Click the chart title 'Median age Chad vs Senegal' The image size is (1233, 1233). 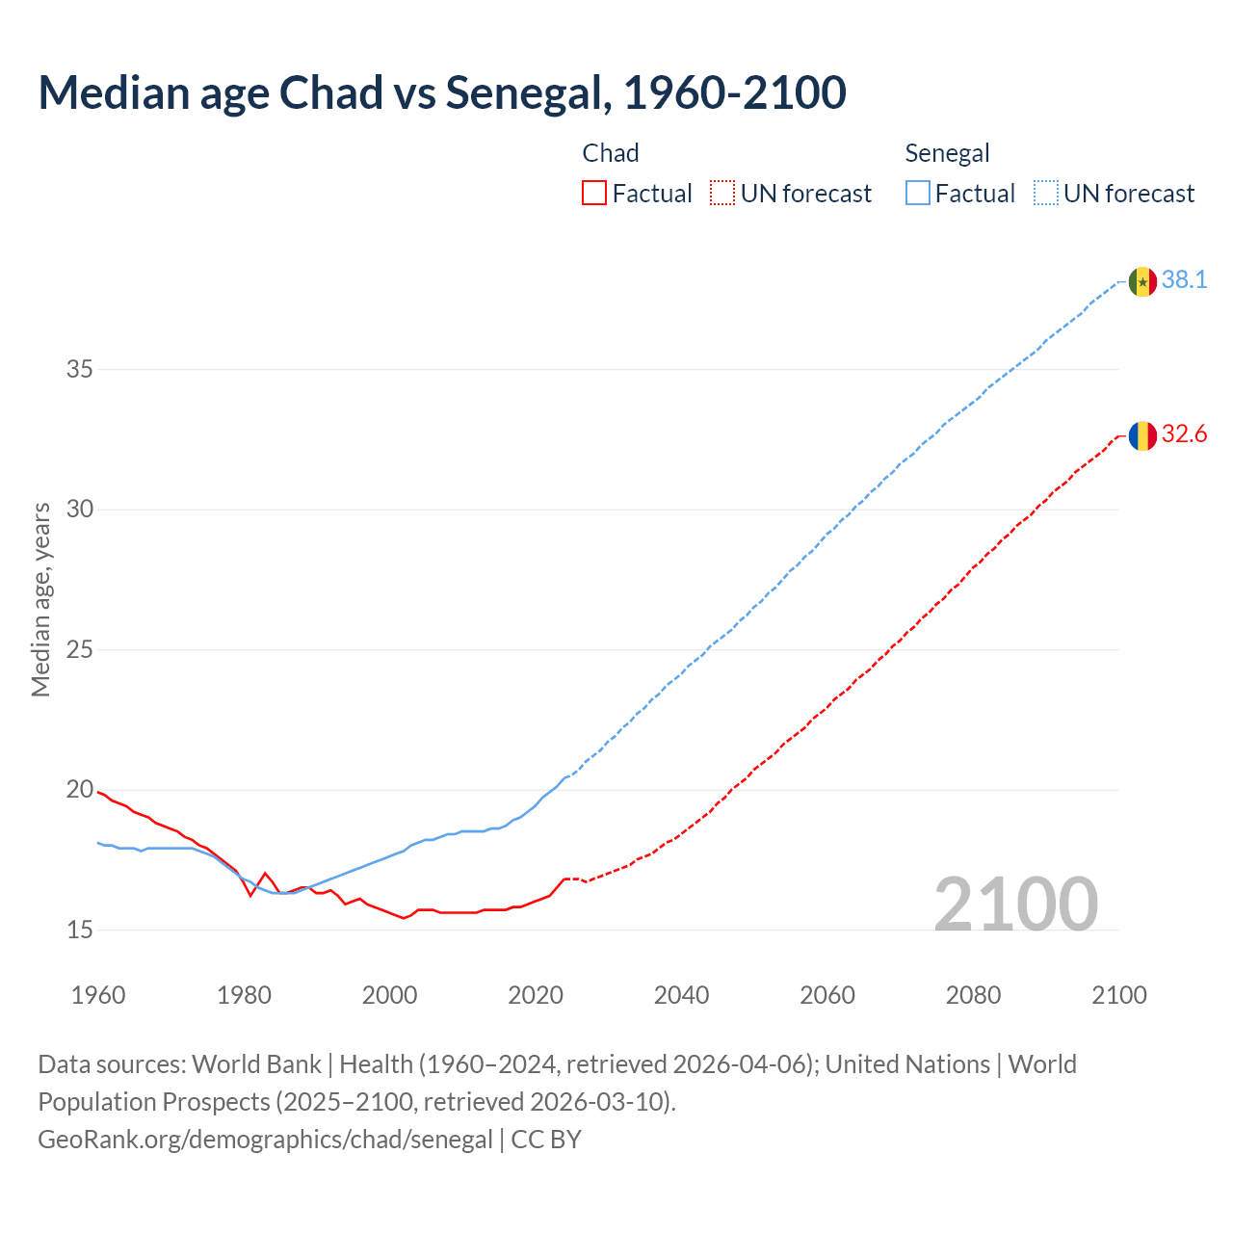tap(441, 92)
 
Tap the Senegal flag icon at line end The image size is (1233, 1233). tap(1142, 281)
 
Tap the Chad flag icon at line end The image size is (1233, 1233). tap(1142, 435)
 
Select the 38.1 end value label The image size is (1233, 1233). tap(1184, 280)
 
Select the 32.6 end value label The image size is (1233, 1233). tap(1184, 434)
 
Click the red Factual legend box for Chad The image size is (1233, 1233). tap(594, 194)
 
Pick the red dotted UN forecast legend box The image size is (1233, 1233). tap(722, 194)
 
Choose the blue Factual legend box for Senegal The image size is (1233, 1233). tap(917, 194)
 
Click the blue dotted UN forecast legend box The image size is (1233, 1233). tap(1045, 194)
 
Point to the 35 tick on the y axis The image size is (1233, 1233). tap(80, 369)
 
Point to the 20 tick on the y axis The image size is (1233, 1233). tap(80, 790)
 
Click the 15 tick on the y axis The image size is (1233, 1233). tap(80, 930)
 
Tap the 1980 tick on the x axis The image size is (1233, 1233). tap(244, 995)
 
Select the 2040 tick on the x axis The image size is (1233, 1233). tap(681, 995)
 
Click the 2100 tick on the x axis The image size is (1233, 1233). tap(1118, 995)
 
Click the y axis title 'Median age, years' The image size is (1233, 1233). tap(40, 599)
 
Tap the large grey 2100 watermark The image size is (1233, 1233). tap(1015, 904)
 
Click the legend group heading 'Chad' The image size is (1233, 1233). tap(611, 153)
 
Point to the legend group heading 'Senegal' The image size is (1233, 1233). tap(947, 153)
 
